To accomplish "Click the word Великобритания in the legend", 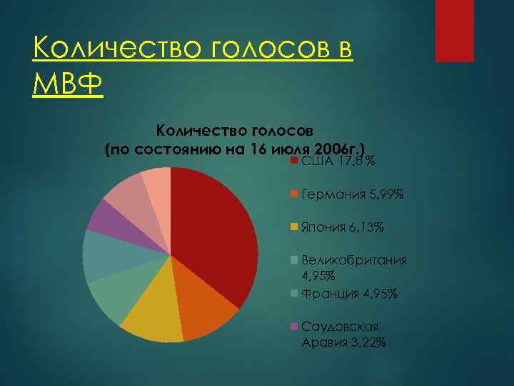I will click(354, 260).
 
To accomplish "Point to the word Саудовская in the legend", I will click(340, 327).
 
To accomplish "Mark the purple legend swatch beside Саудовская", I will click(293, 327).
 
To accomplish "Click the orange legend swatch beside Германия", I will click(293, 194).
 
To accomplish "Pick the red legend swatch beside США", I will click(293, 162).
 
